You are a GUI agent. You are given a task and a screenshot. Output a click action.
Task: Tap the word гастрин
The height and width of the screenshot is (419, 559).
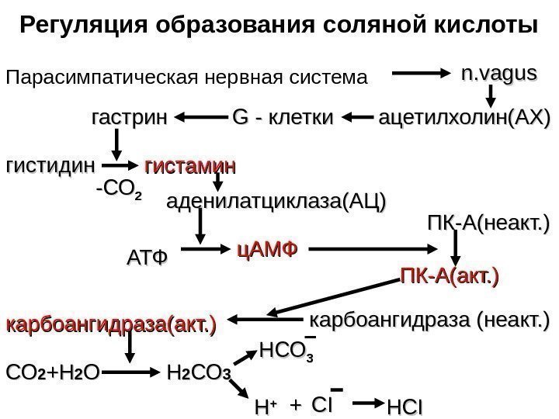click(129, 118)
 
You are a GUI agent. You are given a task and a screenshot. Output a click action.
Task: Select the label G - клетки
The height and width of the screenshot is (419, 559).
click(282, 118)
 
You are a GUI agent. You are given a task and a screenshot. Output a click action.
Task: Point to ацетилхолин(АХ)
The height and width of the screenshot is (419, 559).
click(463, 118)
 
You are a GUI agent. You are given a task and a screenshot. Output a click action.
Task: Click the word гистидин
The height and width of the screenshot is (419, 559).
click(49, 165)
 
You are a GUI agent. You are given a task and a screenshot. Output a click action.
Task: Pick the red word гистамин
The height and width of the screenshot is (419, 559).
click(191, 165)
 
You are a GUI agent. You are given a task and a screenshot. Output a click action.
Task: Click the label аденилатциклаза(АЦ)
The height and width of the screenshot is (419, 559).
click(276, 203)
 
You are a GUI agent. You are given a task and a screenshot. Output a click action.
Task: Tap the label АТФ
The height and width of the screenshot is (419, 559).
click(147, 256)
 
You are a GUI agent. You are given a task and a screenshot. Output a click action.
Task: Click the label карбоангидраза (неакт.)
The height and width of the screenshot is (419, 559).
click(429, 319)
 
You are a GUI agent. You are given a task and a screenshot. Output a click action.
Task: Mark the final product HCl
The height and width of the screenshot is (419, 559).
click(405, 407)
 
